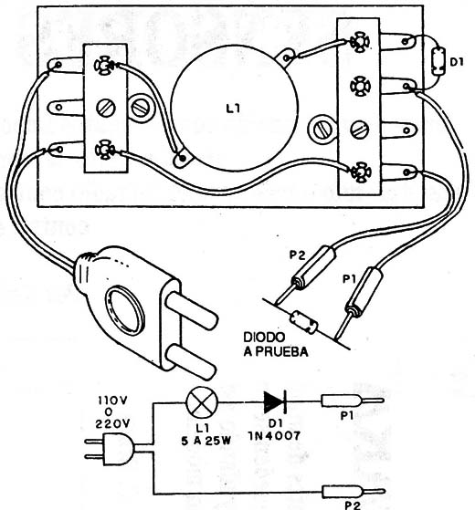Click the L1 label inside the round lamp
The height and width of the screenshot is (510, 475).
[x=233, y=109]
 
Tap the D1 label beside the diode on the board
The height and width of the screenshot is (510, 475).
[x=457, y=62]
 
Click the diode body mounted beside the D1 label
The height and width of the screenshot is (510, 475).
[x=438, y=61]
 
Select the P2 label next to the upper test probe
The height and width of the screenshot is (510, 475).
[x=298, y=255]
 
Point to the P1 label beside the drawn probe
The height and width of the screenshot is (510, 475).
[x=349, y=279]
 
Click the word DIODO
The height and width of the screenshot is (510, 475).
[x=264, y=338]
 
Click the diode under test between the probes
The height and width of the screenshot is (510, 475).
[x=304, y=322]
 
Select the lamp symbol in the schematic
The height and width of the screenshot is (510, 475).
[x=202, y=402]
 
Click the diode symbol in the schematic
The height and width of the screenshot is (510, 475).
[x=275, y=402]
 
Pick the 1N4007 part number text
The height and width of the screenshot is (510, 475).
[x=274, y=436]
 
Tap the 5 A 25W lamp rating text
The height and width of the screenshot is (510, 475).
[x=206, y=441]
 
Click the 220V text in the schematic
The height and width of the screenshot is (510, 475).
[x=112, y=423]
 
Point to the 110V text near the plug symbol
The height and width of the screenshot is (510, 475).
[x=112, y=401]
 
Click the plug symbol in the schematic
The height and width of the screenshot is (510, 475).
[x=111, y=449]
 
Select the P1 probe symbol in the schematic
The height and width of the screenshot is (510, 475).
[x=353, y=401]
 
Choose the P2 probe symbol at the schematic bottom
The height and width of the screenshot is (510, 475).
[x=353, y=491]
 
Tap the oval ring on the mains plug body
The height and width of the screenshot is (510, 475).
[x=125, y=310]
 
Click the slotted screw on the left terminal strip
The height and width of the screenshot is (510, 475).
[x=106, y=108]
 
